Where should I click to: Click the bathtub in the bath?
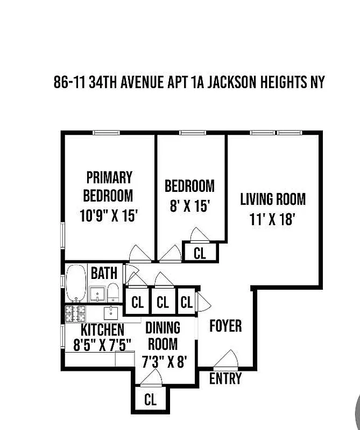(x=76, y=283)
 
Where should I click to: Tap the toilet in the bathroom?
(x=113, y=293)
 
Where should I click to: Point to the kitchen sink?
(x=112, y=312)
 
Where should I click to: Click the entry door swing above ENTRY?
(x=227, y=359)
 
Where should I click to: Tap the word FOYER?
(x=225, y=326)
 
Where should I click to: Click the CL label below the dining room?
(x=150, y=400)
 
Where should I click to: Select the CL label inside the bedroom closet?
(x=200, y=253)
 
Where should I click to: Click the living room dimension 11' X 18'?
(x=273, y=219)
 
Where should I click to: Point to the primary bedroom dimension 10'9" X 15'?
(x=109, y=216)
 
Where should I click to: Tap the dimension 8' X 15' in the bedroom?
(x=189, y=206)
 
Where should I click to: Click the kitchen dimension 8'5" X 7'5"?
(x=102, y=345)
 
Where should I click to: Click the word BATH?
(x=104, y=273)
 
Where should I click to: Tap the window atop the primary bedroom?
(x=106, y=133)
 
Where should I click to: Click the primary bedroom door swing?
(x=138, y=253)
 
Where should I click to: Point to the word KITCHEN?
(x=102, y=329)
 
